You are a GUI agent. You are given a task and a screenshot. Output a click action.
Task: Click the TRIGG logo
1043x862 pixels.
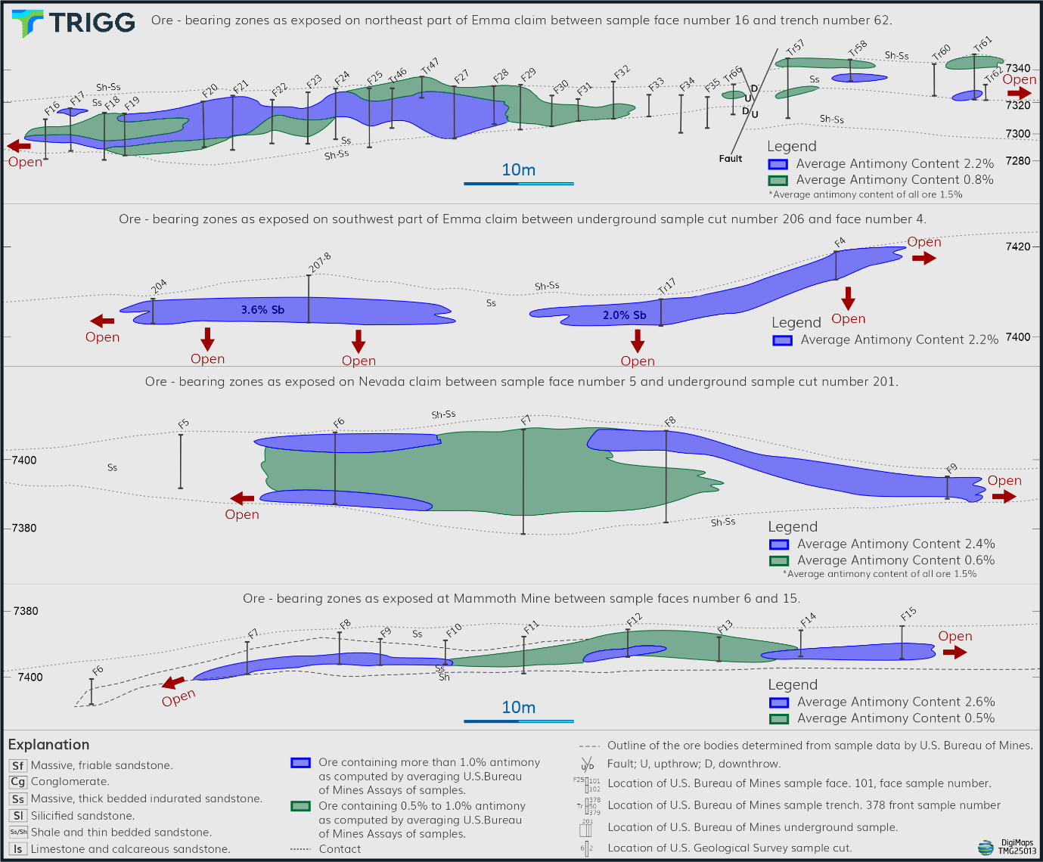click(73, 23)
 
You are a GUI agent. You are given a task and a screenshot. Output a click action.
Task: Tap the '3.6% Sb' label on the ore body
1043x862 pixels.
click(262, 310)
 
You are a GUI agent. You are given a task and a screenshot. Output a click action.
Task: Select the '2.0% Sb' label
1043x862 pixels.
click(624, 315)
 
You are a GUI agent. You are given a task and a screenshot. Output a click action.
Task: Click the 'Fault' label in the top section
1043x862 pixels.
click(731, 159)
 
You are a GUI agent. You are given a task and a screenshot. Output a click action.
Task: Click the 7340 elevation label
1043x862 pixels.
click(1018, 69)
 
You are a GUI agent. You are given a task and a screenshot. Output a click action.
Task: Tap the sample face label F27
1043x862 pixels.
click(461, 76)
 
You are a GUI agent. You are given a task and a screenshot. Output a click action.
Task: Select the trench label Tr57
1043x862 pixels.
click(795, 48)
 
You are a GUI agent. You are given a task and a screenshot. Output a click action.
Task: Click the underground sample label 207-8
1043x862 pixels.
click(319, 262)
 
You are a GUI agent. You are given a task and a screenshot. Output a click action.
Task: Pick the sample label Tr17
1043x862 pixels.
click(666, 286)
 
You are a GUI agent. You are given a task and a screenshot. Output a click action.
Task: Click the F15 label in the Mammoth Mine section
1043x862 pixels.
click(908, 613)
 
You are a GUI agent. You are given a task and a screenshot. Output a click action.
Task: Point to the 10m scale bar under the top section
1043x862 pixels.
click(519, 183)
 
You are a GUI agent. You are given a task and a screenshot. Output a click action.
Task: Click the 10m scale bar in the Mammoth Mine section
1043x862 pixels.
click(519, 721)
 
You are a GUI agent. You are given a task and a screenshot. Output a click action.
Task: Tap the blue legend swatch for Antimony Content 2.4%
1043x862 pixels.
click(779, 544)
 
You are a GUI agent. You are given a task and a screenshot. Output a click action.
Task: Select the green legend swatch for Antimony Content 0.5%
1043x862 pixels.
click(779, 719)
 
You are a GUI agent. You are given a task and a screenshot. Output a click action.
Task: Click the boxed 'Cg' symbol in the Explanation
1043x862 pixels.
click(18, 782)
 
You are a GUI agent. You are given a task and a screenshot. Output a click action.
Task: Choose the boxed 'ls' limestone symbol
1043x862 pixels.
click(18, 849)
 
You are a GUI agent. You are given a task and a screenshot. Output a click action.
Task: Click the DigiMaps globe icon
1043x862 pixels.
click(986, 847)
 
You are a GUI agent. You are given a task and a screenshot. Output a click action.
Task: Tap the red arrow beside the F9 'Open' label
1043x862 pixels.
click(1004, 497)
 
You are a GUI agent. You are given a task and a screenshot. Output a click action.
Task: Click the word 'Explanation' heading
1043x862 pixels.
click(48, 745)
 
